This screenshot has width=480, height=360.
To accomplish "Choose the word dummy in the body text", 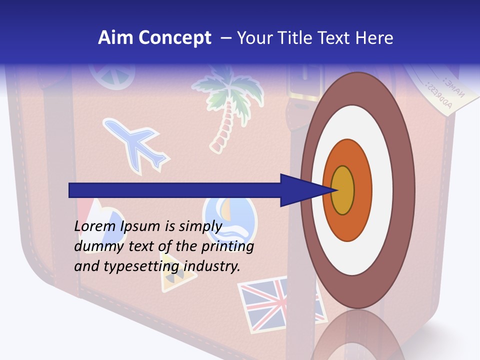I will [x=95, y=246].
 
